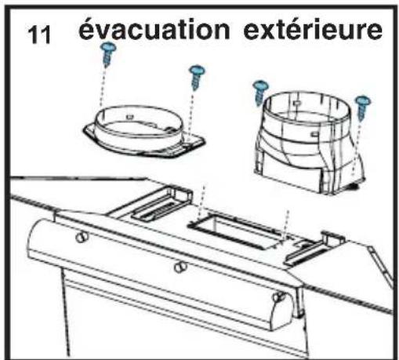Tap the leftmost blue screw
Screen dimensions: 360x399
(108, 53)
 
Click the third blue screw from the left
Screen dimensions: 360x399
(259, 91)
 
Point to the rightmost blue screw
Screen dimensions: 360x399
(361, 104)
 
